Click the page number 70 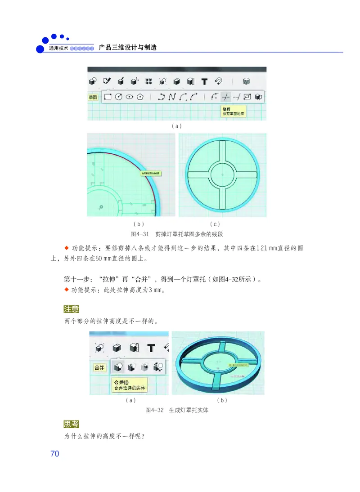54,453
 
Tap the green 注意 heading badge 72,309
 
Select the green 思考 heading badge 72,424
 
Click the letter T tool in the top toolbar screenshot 204,81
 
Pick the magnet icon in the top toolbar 218,81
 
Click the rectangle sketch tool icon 108,97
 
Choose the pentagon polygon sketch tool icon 140,97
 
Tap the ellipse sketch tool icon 129,97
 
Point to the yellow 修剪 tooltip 233,112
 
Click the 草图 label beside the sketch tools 93,97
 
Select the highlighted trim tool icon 226,97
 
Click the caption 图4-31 139,234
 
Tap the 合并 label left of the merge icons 99,367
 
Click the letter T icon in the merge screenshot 151,348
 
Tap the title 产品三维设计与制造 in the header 127,47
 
